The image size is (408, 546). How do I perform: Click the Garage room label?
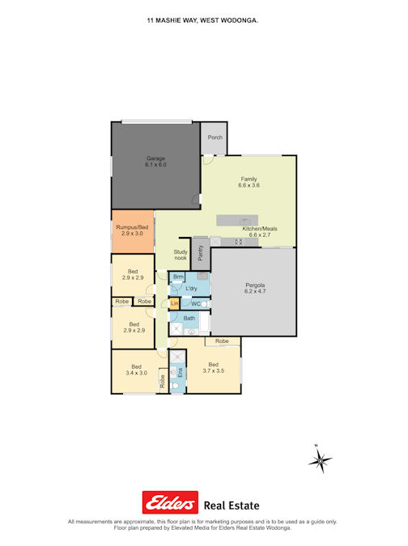155,161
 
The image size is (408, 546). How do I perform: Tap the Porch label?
215,138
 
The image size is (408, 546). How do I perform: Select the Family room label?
249,182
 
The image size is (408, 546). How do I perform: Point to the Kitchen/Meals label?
259,232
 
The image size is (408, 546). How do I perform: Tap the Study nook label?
181,256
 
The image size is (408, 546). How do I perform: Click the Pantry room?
200,253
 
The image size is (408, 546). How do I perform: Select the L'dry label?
192,289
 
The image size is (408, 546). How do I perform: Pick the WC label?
196,304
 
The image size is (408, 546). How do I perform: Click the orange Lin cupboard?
174,303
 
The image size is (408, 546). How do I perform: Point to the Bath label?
189,319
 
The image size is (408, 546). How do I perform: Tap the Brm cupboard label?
178,277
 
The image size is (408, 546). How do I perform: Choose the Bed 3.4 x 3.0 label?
136,369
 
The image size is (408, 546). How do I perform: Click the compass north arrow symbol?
321,460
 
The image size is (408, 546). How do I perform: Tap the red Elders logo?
170,503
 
